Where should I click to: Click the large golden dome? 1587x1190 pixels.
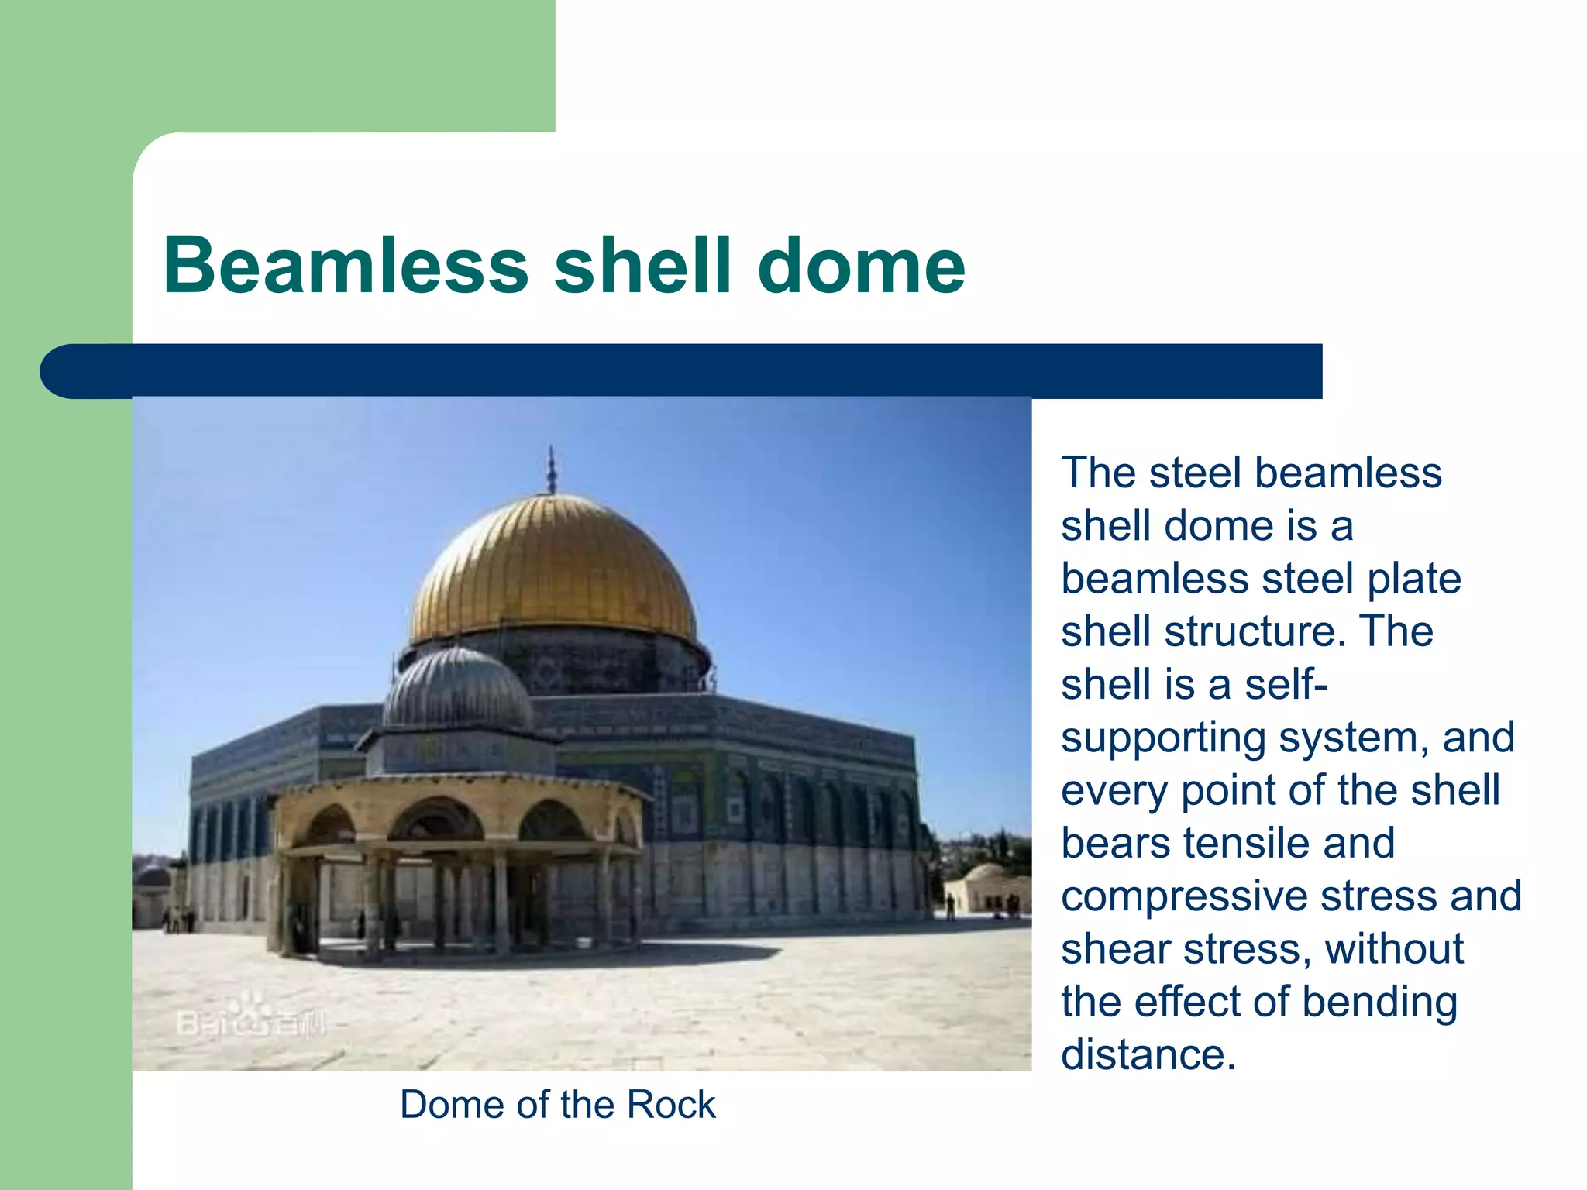pos(553,569)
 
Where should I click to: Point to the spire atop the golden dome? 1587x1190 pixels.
pos(552,469)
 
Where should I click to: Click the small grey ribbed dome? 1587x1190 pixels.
pos(459,690)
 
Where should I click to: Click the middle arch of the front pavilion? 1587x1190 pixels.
pos(436,821)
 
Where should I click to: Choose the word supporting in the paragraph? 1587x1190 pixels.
pos(1163,738)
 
